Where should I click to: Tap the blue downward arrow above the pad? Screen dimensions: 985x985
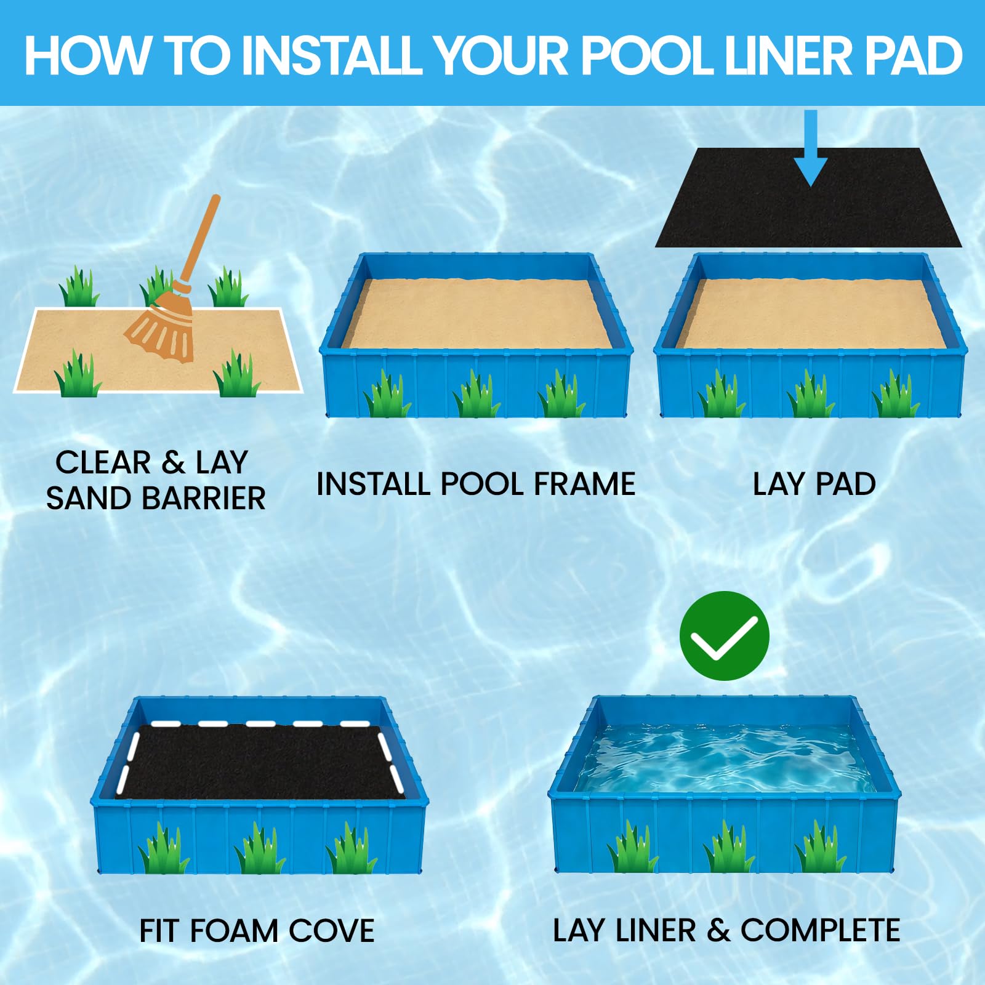811,148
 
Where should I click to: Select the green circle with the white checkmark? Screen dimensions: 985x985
724,635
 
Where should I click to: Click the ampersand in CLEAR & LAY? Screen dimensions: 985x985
174,462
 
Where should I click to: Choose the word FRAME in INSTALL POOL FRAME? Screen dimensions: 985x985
584,484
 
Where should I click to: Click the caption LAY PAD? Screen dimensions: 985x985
814,484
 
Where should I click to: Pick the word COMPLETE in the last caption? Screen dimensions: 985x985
820,930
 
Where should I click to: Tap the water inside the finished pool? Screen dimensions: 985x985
725,758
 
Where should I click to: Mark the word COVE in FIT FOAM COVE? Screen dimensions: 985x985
331,931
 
